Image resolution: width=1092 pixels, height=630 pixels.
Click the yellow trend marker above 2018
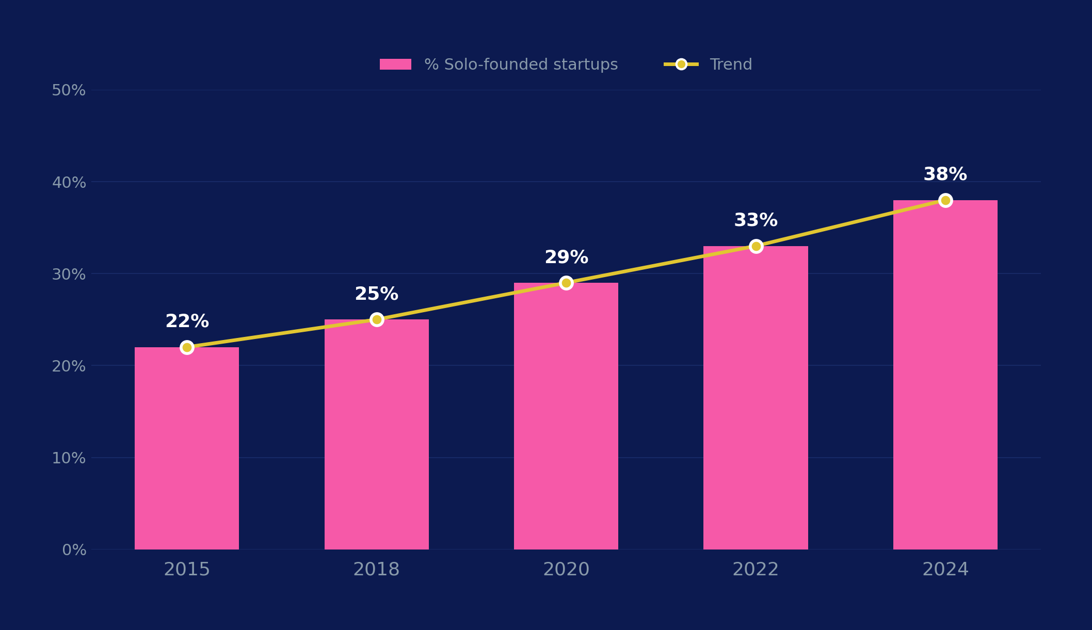tap(377, 319)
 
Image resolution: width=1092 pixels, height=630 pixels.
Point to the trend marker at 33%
tap(756, 246)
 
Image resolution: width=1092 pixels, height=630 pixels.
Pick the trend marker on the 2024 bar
tap(945, 200)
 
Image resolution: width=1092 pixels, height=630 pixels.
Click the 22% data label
tap(187, 321)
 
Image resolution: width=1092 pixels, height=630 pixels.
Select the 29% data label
tap(566, 257)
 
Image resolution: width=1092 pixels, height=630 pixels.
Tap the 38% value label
tap(945, 174)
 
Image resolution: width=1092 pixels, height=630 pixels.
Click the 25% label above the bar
tap(376, 294)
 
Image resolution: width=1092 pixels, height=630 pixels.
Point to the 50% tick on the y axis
tap(69, 90)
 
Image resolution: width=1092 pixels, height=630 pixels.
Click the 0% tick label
tap(74, 550)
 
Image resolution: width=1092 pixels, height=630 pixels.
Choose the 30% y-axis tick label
tap(69, 274)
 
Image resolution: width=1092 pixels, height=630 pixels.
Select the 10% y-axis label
tap(69, 458)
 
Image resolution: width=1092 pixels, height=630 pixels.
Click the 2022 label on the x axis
tap(756, 570)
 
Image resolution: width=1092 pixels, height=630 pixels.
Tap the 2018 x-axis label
tap(376, 570)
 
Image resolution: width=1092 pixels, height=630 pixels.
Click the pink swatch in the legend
tap(395, 64)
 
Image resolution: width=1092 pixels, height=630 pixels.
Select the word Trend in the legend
tap(731, 65)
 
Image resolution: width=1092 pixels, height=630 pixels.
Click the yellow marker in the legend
tap(681, 64)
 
